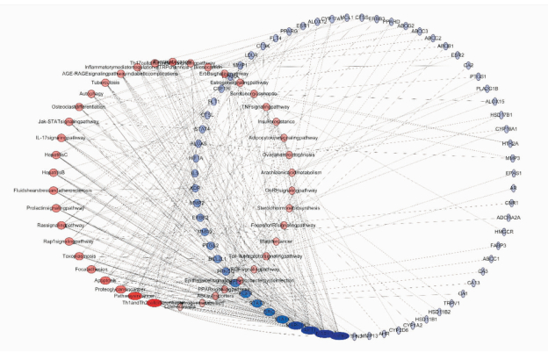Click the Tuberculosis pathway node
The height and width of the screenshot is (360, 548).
(x=113, y=83)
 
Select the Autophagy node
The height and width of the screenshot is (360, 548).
(x=92, y=94)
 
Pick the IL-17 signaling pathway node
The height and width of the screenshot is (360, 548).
(x=61, y=138)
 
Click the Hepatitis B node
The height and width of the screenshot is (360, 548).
(x=54, y=172)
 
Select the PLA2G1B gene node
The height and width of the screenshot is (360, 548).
(x=487, y=89)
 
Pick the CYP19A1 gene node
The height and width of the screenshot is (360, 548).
(x=506, y=129)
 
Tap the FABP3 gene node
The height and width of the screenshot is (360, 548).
(x=499, y=245)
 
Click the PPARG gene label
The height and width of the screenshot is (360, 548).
(x=289, y=32)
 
